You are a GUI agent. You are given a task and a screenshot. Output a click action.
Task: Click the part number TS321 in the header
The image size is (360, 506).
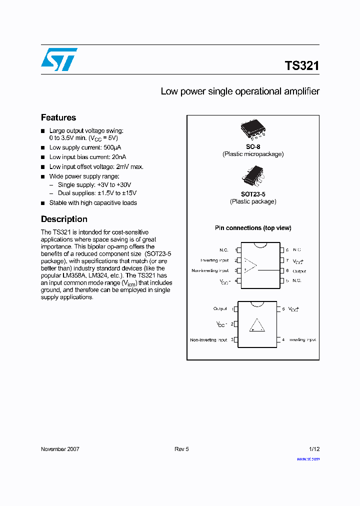[x=301, y=65]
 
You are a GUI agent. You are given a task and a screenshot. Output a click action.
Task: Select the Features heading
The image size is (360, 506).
[x=58, y=117]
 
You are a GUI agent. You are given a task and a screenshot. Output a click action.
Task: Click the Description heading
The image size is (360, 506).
[x=64, y=219]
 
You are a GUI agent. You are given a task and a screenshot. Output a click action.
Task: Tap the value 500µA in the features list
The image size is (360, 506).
[x=112, y=147]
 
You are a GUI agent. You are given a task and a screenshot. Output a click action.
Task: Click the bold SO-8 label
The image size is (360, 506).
[x=252, y=146]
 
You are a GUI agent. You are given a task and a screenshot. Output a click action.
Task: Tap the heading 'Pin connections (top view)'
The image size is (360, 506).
[x=253, y=228]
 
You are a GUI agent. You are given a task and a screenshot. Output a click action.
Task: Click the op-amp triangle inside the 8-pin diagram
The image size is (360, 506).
[x=250, y=266]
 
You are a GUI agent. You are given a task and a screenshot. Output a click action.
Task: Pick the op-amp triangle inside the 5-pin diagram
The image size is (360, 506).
[x=257, y=325]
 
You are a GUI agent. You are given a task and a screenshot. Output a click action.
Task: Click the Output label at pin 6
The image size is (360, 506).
[x=299, y=271]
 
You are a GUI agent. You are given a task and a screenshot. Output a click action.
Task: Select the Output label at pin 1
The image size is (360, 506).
[x=220, y=309]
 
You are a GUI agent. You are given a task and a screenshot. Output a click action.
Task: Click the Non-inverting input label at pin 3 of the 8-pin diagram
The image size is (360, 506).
[x=210, y=270]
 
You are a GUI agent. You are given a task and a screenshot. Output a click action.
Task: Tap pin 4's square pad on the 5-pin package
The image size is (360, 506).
[x=278, y=340]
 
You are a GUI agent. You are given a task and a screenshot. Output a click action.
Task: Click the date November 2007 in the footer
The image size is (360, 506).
[x=60, y=449]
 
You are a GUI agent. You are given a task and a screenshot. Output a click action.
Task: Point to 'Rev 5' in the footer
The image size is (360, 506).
[x=181, y=449]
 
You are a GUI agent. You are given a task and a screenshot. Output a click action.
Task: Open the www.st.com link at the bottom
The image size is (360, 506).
[x=308, y=458]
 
